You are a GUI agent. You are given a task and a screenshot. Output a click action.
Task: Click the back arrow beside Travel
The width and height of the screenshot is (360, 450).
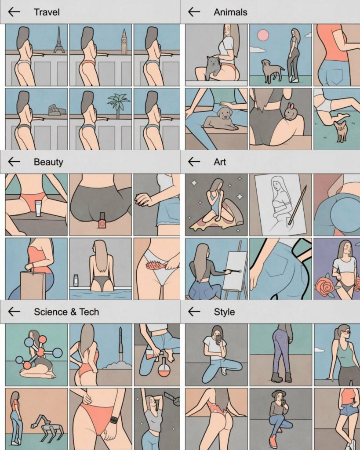coord(14,12)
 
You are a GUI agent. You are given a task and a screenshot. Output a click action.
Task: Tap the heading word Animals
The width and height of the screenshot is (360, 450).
coord(230,12)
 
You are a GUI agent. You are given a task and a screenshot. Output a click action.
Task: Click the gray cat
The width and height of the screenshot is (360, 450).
coord(212,68)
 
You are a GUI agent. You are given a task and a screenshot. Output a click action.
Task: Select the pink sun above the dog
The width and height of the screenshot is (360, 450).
coord(263,35)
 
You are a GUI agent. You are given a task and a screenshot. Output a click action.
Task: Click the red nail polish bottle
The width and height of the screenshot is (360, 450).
coord(102,221)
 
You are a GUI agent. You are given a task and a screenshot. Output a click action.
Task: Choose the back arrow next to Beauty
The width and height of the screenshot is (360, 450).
coord(14,162)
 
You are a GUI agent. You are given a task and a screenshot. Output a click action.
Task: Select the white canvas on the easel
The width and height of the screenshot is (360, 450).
coord(236,270)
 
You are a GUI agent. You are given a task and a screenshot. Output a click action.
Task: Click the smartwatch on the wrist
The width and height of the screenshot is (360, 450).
coord(114,420)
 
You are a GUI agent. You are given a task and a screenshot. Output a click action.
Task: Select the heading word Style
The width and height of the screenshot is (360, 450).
coord(224,312)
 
